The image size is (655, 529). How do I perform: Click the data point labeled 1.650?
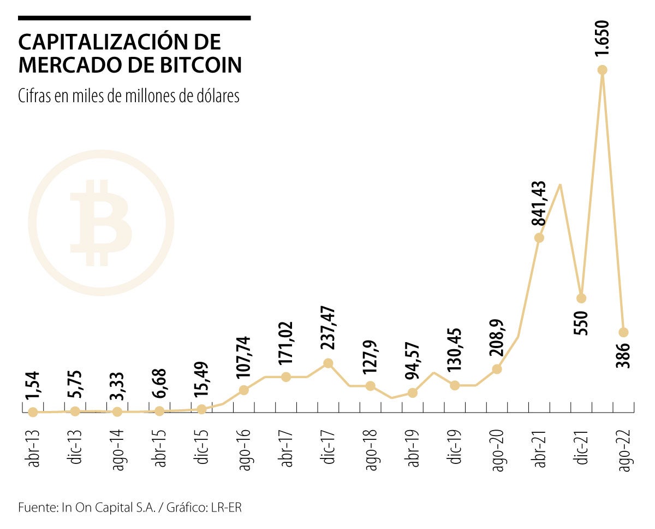[603, 70]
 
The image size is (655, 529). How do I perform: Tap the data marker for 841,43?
[539, 238]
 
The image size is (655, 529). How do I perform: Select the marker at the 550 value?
[581, 298]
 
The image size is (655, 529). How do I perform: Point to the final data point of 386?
[623, 332]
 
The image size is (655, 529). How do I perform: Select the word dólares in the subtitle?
[216, 96]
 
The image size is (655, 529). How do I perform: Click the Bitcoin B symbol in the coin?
[101, 223]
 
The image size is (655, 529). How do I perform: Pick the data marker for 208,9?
[497, 369]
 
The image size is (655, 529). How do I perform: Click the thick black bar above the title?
[134, 18]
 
